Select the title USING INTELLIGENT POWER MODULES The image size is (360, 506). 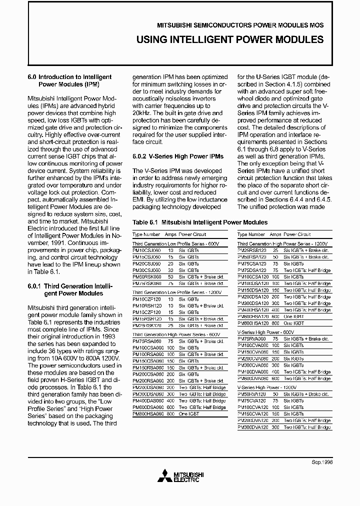point(230,39)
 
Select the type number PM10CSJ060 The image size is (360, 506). point(146,249)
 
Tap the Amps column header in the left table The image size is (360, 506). point(171,234)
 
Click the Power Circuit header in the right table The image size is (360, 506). point(297,234)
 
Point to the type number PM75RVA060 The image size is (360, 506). point(251,338)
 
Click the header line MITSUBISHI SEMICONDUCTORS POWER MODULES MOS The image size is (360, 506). point(240,25)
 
